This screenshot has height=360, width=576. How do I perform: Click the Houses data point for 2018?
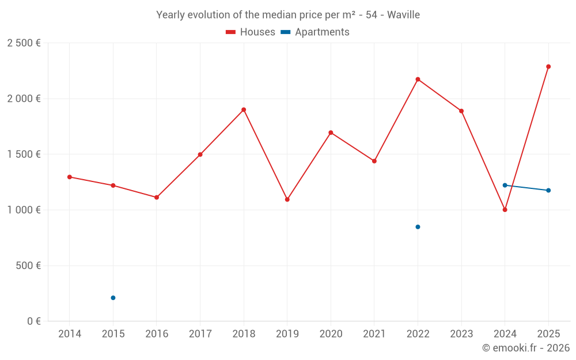(244, 109)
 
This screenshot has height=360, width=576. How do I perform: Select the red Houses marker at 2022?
(418, 79)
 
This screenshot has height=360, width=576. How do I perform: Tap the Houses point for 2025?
(548, 66)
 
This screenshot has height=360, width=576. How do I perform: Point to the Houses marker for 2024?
(505, 210)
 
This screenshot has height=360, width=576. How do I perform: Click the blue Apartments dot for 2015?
(113, 298)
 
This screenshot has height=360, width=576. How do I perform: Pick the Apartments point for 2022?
(418, 227)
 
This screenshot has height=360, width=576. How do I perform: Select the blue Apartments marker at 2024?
(505, 185)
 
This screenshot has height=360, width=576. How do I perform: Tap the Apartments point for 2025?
(548, 190)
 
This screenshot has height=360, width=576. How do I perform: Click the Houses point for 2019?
(287, 199)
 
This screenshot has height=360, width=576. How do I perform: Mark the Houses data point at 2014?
(69, 177)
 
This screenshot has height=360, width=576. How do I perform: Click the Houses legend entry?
(251, 32)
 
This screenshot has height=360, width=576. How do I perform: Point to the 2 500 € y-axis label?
(24, 43)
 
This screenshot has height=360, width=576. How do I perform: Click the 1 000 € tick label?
(24, 210)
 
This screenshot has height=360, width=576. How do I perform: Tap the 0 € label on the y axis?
(32, 321)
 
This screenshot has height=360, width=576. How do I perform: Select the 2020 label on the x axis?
(331, 334)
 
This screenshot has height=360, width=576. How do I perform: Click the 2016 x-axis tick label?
(156, 334)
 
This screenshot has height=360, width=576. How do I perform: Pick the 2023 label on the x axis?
(461, 334)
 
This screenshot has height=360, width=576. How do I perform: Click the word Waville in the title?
(403, 15)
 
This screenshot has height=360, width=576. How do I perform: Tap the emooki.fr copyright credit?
(526, 348)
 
